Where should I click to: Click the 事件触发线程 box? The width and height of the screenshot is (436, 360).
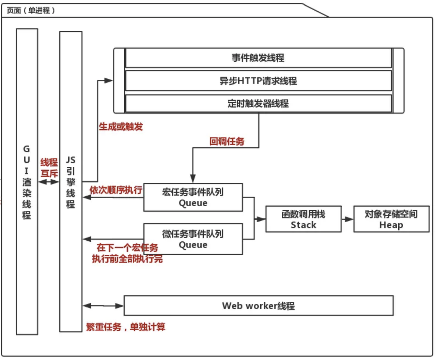point(258,58)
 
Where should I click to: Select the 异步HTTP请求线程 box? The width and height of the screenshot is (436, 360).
point(258,81)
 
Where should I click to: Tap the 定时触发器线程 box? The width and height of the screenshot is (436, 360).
point(258,103)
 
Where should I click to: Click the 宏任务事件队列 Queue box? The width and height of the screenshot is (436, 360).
point(193,197)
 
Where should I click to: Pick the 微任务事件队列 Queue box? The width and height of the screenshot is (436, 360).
point(193,239)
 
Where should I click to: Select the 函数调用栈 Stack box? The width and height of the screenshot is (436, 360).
point(303,219)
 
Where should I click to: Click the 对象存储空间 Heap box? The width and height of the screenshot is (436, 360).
point(391,219)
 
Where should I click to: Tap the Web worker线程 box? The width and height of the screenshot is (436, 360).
point(258,306)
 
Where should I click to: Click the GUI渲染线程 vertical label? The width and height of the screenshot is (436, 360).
point(27,182)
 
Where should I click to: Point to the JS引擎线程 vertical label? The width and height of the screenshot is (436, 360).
point(71,182)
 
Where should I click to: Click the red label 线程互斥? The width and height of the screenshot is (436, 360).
point(49,168)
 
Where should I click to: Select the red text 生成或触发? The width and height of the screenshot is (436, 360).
point(121,127)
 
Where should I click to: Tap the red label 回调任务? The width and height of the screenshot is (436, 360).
point(227,141)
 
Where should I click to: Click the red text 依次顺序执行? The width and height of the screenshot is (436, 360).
point(116,190)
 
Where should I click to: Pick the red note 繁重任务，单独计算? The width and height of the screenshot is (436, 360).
point(125,327)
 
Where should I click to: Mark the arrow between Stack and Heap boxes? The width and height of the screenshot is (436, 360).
point(347,219)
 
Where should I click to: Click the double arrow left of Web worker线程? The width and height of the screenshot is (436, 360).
point(103,306)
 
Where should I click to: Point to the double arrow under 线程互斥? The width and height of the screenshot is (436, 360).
point(49,182)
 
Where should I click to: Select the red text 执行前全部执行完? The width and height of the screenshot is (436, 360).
point(127,259)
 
